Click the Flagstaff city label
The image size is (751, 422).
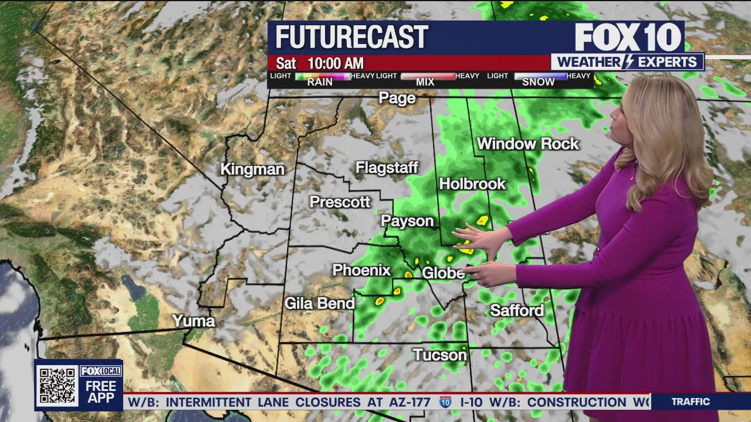tap(387, 168)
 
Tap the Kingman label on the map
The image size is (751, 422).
tap(252, 169)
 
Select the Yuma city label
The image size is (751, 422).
tap(194, 321)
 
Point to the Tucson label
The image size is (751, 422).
tap(439, 355)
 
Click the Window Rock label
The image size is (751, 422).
tap(527, 144)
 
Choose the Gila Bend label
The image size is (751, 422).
tap(320, 303)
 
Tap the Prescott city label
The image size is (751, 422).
tap(340, 202)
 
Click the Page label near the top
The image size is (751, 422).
tap(397, 98)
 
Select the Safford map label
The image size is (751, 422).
tap(517, 310)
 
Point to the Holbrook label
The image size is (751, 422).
tap(472, 184)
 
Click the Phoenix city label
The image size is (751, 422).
tap(361, 270)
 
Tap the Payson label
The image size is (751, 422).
tap(407, 221)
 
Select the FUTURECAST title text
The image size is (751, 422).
tap(351, 38)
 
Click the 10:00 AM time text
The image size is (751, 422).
tap(335, 63)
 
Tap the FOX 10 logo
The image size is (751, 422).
tap(627, 38)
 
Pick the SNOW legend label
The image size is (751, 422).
tap(538, 82)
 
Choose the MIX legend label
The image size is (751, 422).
tap(425, 82)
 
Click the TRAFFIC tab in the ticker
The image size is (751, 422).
tap(691, 401)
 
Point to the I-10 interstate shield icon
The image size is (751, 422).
tap(445, 402)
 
